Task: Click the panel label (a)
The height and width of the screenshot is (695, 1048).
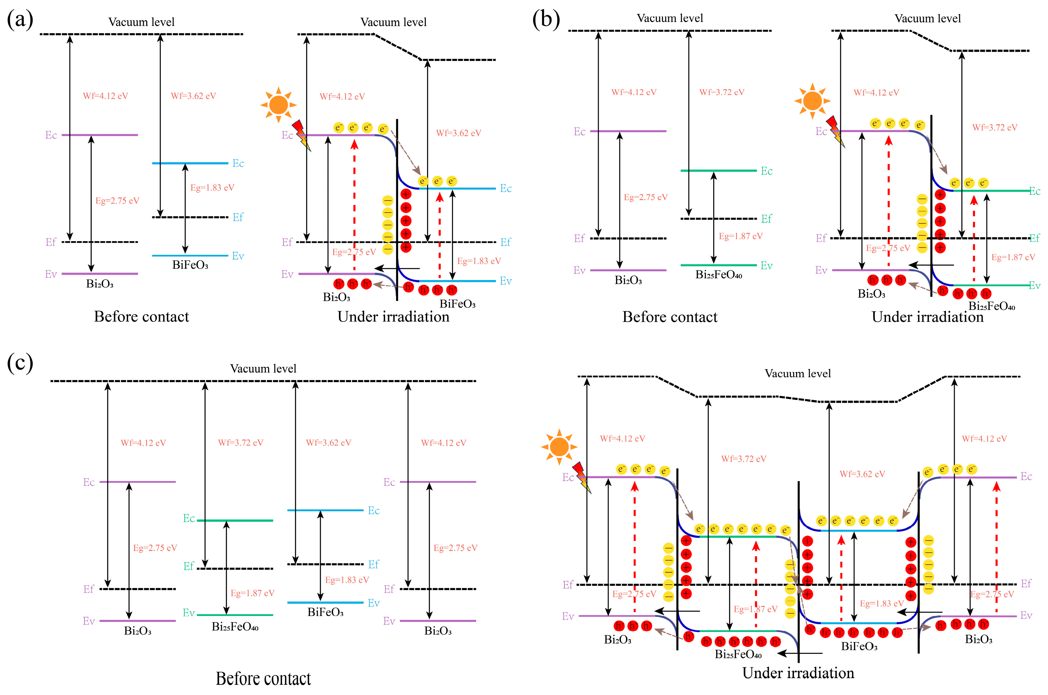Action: pyautogui.click(x=20, y=20)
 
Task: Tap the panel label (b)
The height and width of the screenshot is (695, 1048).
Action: pyautogui.click(x=546, y=20)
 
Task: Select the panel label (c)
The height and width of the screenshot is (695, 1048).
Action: pyautogui.click(x=20, y=363)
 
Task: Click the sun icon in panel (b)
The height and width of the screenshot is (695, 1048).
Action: pyautogui.click(x=812, y=101)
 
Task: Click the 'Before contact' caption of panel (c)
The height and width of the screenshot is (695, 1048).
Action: pyautogui.click(x=263, y=678)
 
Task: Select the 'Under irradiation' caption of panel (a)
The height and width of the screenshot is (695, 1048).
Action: pyautogui.click(x=393, y=316)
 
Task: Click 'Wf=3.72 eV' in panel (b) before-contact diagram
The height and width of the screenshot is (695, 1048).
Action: pyautogui.click(x=722, y=92)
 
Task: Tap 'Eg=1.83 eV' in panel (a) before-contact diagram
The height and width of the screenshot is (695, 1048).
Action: pyautogui.click(x=212, y=188)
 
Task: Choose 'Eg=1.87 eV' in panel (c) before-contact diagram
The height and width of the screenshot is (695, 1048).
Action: pyautogui.click(x=252, y=593)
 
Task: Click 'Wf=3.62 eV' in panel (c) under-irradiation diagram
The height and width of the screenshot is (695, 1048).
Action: pyautogui.click(x=862, y=474)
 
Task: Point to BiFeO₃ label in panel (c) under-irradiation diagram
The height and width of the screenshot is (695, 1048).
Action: pyautogui.click(x=859, y=646)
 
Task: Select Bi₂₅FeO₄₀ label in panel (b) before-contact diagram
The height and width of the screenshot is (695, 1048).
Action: pyautogui.click(x=718, y=275)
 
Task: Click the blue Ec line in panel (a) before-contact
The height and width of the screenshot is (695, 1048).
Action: pyautogui.click(x=190, y=163)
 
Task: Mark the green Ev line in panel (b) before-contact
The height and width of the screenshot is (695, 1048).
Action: pyautogui.click(x=718, y=265)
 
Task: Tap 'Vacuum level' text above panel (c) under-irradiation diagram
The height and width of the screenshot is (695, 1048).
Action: pyautogui.click(x=798, y=373)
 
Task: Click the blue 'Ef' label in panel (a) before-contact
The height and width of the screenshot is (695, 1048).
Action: pyautogui.click(x=238, y=217)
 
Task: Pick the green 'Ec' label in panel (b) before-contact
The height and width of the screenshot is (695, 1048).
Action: pyautogui.click(x=767, y=171)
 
